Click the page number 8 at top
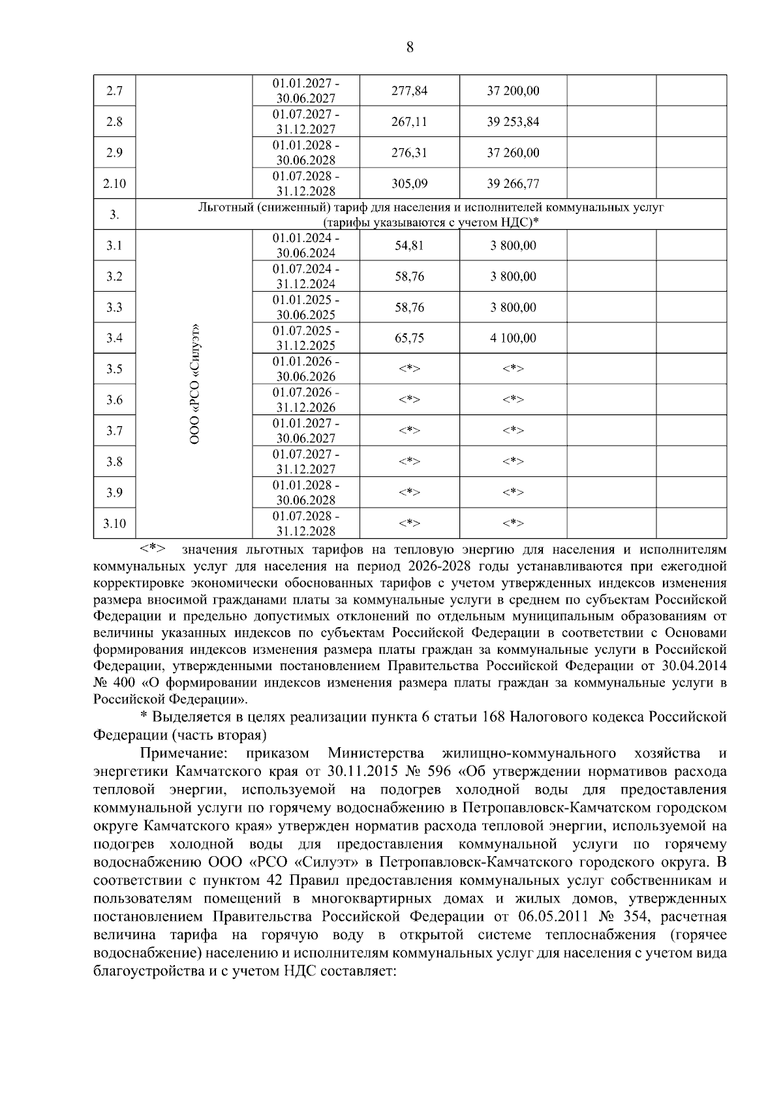coord(410,47)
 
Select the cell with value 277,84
coord(409,91)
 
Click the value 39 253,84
coord(513,122)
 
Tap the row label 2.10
coord(114,184)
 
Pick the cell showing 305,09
coord(409,184)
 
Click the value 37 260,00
coord(513,153)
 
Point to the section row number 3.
coord(114,215)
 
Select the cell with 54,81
coord(409,245)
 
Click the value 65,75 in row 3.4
coord(409,338)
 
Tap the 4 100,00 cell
coord(513,338)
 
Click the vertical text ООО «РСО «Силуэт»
coord(194,385)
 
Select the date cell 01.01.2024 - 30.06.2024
coord(305,245)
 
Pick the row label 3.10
coord(114,523)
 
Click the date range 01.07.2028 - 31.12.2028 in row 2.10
coord(305,184)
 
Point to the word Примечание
coord(184,754)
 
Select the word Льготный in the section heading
coord(225,208)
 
